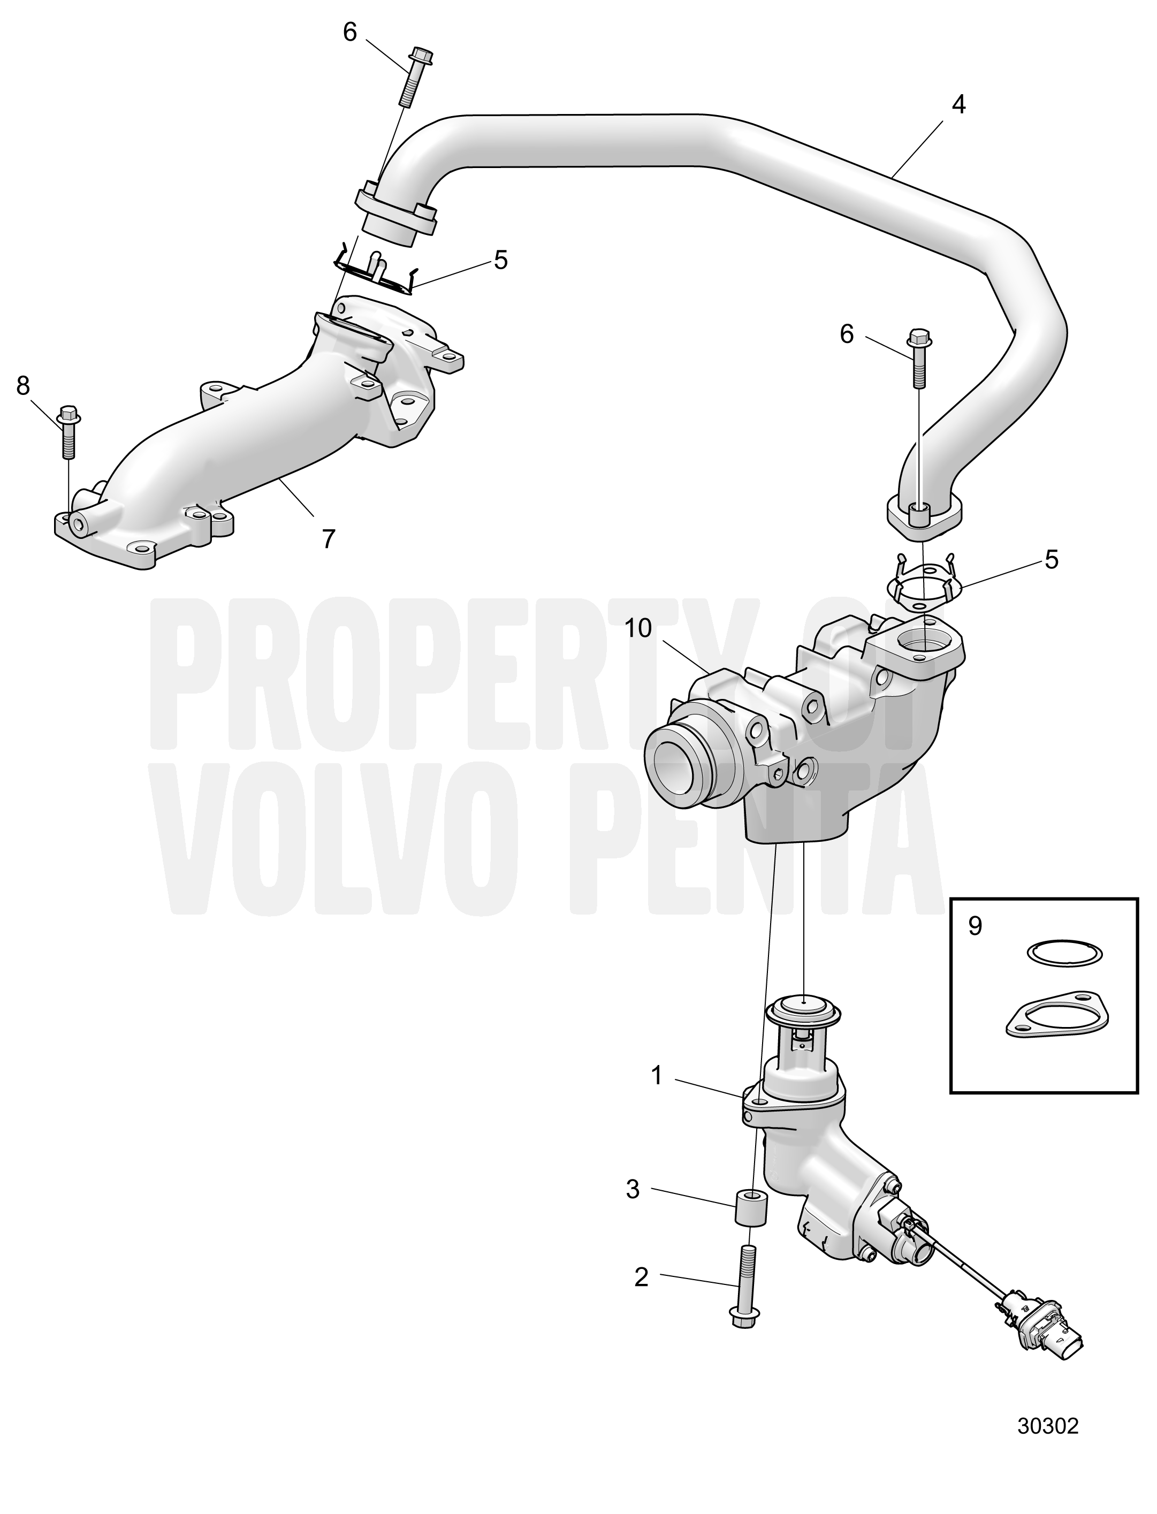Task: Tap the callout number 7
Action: (x=329, y=538)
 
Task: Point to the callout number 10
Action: (x=638, y=628)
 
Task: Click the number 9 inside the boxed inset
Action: (x=975, y=926)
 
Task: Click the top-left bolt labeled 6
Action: (x=410, y=76)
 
